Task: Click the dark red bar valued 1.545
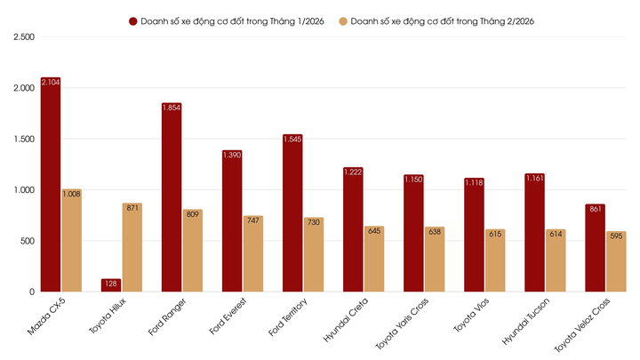(x=292, y=213)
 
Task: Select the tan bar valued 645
(x=374, y=258)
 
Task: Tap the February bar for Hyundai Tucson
(x=556, y=260)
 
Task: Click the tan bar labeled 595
(x=616, y=261)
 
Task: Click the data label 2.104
(x=51, y=84)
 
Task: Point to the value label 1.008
(x=71, y=193)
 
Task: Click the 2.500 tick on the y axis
(x=21, y=37)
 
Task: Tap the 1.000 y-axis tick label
(x=21, y=190)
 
